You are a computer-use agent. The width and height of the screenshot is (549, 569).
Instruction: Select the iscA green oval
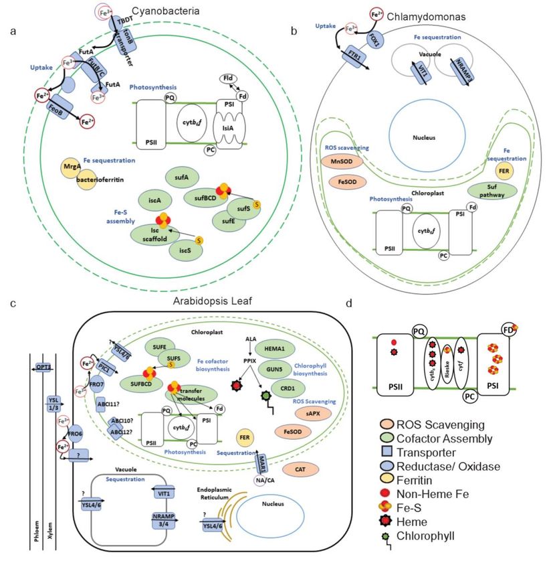tap(152, 199)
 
